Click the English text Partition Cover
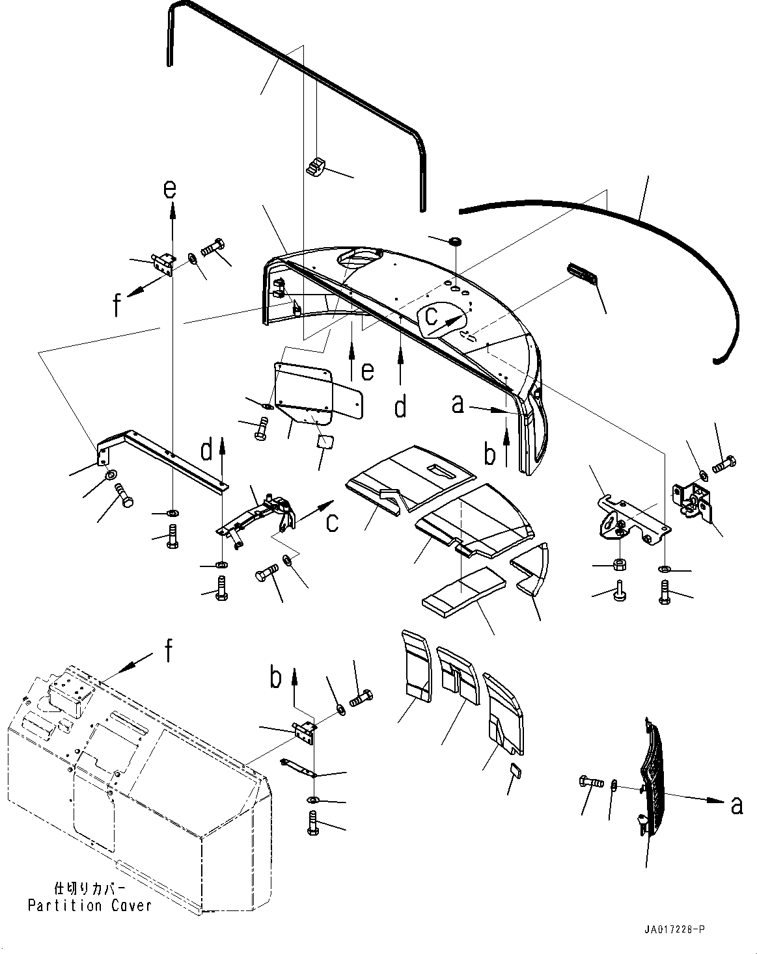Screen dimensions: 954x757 (x=90, y=905)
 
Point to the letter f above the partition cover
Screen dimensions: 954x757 (x=169, y=650)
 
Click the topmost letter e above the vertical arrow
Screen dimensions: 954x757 (x=169, y=189)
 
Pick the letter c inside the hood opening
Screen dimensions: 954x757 (x=432, y=317)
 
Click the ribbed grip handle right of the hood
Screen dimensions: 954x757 (x=583, y=273)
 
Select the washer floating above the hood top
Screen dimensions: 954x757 (x=456, y=242)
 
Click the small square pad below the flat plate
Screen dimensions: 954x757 (x=324, y=442)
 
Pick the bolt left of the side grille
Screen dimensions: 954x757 (x=590, y=782)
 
